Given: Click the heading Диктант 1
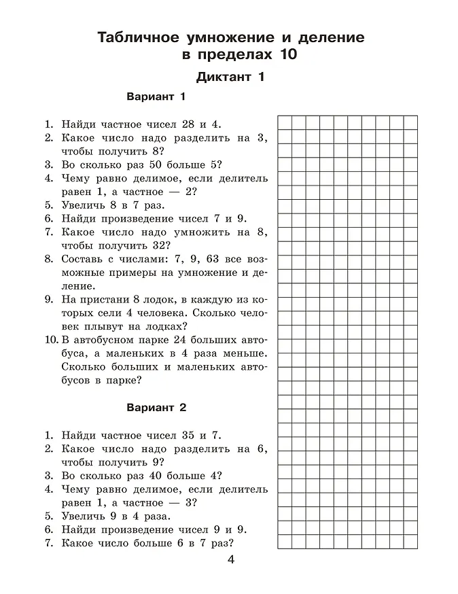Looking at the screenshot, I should coord(230,77).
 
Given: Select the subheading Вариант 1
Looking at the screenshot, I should coord(156,97).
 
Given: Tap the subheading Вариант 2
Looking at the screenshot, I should coord(156,408).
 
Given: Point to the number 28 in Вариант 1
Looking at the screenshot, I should coord(190,124).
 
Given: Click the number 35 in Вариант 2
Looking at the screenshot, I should coord(190,436).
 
